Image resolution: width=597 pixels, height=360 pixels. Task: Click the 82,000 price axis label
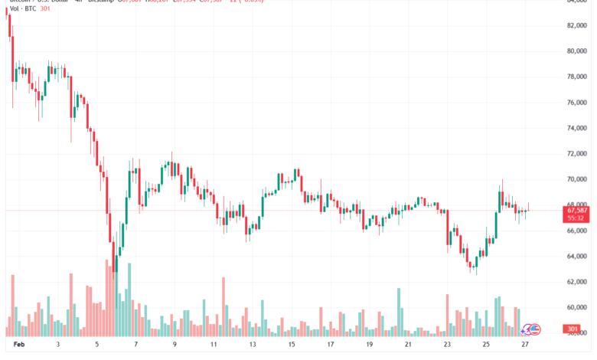[x=576, y=25]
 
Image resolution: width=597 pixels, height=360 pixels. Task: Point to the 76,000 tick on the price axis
[x=576, y=103]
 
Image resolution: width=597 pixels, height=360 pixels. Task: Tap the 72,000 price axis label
[x=576, y=154]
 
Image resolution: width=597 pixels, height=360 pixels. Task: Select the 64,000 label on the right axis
[x=576, y=257]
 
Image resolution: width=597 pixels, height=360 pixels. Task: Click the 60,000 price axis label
[x=576, y=308]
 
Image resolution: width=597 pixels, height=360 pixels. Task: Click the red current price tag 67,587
[x=577, y=209]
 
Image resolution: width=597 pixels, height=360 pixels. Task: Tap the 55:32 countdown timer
[x=576, y=218]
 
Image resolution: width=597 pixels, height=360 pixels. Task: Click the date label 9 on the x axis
[x=175, y=345]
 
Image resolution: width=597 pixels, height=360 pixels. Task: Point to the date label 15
[x=292, y=345]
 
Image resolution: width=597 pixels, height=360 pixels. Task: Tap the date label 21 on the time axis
[x=408, y=345]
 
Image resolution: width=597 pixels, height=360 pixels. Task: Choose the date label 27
[x=524, y=345]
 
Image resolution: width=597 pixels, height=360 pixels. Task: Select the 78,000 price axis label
[x=576, y=77]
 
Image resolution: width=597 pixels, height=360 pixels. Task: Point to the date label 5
[x=97, y=345]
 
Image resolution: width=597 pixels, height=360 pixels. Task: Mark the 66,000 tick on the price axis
[x=576, y=231]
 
